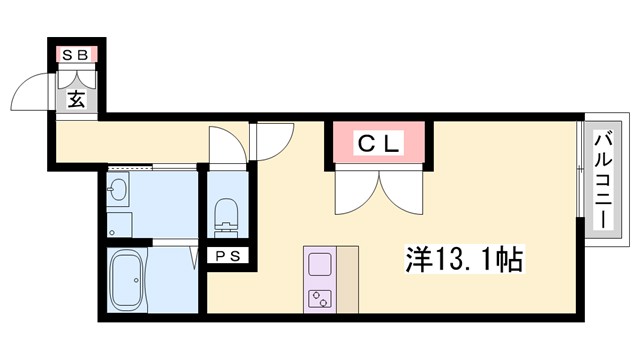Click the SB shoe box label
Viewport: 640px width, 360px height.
tap(76, 55)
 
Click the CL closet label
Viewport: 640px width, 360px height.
tap(379, 144)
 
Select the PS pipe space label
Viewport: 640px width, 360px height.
tap(228, 256)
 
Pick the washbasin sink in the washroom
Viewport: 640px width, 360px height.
tap(118, 191)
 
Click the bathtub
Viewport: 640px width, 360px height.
tap(127, 280)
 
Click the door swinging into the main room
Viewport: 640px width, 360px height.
tap(272, 141)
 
